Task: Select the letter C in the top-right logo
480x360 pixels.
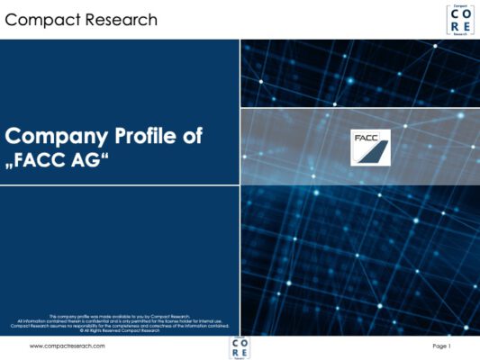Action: [454, 14]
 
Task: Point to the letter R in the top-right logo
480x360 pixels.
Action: [454, 26]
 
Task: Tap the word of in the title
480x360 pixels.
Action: [190, 137]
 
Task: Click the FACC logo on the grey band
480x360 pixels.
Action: [370, 148]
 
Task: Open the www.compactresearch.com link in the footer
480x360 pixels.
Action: [68, 346]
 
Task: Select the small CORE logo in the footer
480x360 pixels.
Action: [240, 347]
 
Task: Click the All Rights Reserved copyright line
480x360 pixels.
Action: [119, 330]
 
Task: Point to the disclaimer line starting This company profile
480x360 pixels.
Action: [119, 316]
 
